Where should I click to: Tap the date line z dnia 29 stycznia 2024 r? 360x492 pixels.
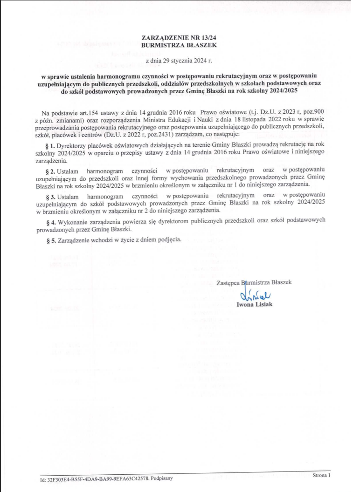179,60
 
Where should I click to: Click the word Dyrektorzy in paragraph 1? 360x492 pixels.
71,146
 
